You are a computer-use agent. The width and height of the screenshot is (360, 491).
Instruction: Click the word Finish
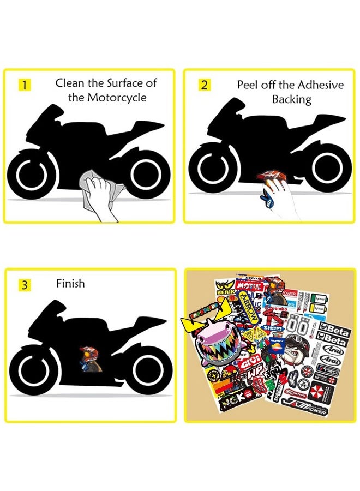tap(70, 284)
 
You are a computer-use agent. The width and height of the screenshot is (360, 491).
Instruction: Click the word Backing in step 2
tap(291, 99)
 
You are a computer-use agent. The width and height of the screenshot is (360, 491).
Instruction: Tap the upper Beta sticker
tap(337, 329)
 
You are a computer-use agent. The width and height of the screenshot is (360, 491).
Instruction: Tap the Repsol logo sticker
tap(277, 346)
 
